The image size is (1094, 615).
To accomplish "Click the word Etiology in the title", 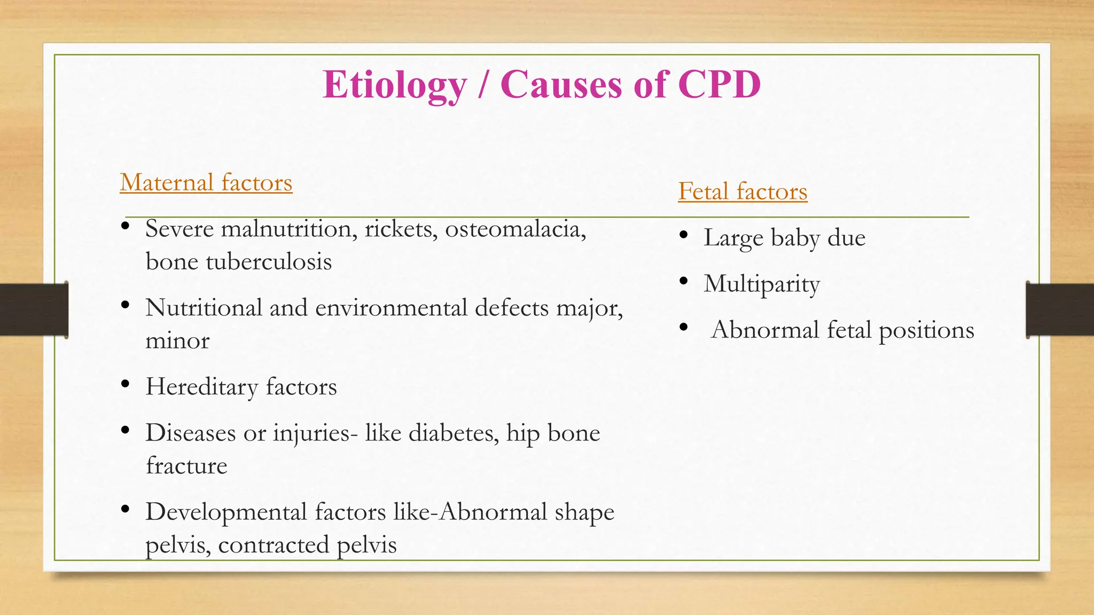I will click(x=395, y=85).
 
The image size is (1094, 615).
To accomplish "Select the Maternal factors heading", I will click(x=206, y=183).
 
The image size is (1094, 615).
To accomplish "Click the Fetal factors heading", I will click(x=743, y=192).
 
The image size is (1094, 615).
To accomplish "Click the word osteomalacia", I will click(x=515, y=229).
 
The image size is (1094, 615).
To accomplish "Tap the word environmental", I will click(x=391, y=308).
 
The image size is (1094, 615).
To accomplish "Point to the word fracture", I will click(x=186, y=466).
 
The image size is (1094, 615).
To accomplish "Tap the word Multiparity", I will click(x=762, y=284).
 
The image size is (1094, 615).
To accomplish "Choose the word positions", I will click(x=926, y=330).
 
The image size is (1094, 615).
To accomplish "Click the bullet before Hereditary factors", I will click(x=126, y=384).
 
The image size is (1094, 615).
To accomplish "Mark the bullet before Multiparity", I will click(x=684, y=281).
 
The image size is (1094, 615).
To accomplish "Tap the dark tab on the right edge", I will click(x=1060, y=310).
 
